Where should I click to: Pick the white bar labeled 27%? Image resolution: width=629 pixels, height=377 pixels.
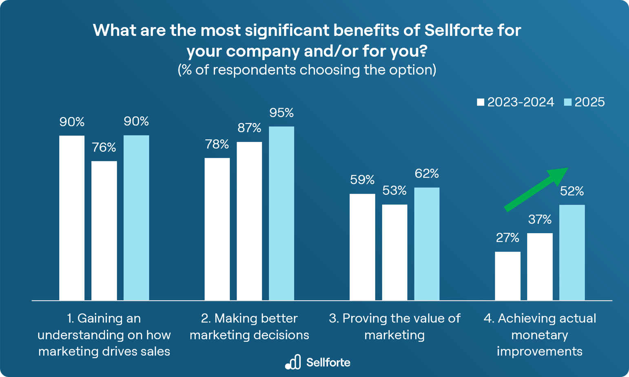point(507,276)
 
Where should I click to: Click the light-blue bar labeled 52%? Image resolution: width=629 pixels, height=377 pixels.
point(572,252)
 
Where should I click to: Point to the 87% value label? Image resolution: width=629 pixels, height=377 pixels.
point(249,128)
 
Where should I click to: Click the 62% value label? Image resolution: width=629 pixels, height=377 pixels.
point(427,174)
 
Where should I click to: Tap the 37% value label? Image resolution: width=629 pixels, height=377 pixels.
point(540,220)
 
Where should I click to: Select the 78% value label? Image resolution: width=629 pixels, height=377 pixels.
point(217,144)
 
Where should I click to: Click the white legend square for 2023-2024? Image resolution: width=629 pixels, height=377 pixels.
point(481,102)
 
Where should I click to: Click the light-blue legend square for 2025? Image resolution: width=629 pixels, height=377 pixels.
point(568,102)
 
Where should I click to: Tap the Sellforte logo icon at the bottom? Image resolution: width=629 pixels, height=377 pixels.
point(293,362)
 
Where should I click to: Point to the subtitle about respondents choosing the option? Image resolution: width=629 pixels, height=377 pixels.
point(307,70)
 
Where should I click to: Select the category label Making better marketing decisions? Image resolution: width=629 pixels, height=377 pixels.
point(249,326)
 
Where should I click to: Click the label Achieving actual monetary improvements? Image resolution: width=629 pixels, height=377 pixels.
point(540,335)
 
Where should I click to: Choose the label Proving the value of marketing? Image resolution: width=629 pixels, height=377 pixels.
point(394,326)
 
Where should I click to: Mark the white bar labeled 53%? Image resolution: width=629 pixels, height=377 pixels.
point(394,252)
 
